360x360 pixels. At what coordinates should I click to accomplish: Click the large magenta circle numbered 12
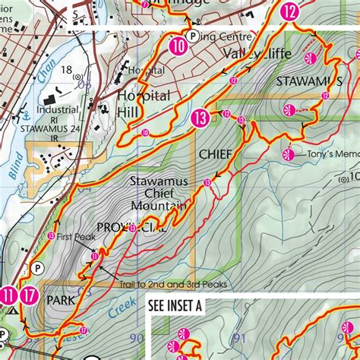pos(289,11)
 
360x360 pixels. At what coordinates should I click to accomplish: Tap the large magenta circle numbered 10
pos(178,46)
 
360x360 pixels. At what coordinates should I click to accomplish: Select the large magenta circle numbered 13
pos(201,118)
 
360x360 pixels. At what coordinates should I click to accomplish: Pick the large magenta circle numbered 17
pos(29,295)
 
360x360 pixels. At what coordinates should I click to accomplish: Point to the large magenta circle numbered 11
pos(8,295)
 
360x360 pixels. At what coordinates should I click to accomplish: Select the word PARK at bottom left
pos(59,300)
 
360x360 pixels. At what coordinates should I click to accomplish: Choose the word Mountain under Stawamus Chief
pos(159,206)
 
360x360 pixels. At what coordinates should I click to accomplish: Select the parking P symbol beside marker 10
pos(193,35)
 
